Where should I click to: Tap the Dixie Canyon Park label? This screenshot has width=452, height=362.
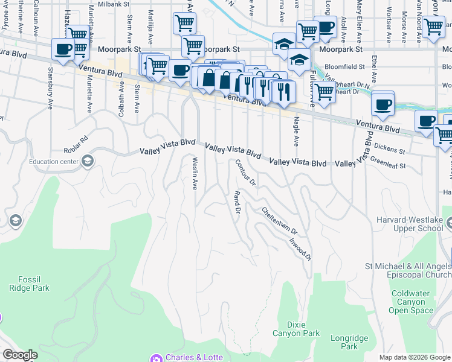pyautogui.click(x=303, y=328)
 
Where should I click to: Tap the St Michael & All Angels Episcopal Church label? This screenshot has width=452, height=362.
pyautogui.click(x=408, y=270)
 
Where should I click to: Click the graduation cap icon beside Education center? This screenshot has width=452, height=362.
pyautogui.click(x=88, y=160)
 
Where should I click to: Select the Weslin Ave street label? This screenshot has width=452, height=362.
pyautogui.click(x=195, y=173)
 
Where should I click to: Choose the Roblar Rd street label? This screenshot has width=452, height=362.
pyautogui.click(x=76, y=145)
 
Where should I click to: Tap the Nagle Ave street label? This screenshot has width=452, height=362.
pyautogui.click(x=296, y=132)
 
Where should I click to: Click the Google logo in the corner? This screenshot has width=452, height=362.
pyautogui.click(x=20, y=355)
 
